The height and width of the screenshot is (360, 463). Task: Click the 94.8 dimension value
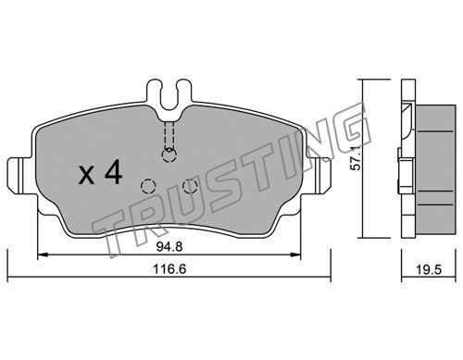(169, 247)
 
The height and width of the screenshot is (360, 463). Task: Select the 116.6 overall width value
(169, 269)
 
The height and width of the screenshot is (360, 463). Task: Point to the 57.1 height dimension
(357, 158)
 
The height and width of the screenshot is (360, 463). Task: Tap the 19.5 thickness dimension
(429, 270)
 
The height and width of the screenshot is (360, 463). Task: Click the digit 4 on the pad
(113, 173)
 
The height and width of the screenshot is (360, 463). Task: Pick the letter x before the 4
(86, 177)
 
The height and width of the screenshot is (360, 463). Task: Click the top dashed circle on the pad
(169, 155)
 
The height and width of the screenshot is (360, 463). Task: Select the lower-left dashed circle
(148, 186)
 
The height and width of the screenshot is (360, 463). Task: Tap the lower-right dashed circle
(190, 186)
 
